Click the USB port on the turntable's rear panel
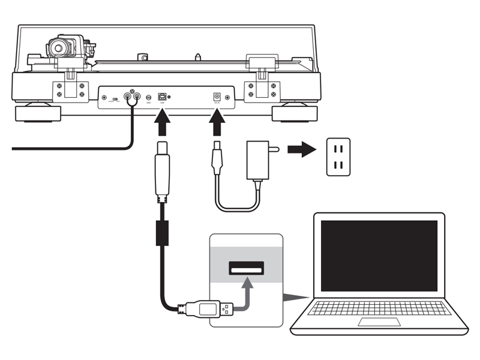click(162, 96)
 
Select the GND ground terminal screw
click(148, 97)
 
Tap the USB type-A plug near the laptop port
click(207, 310)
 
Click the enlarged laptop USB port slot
click(247, 268)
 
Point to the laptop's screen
click(379, 255)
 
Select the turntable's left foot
click(38, 112)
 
